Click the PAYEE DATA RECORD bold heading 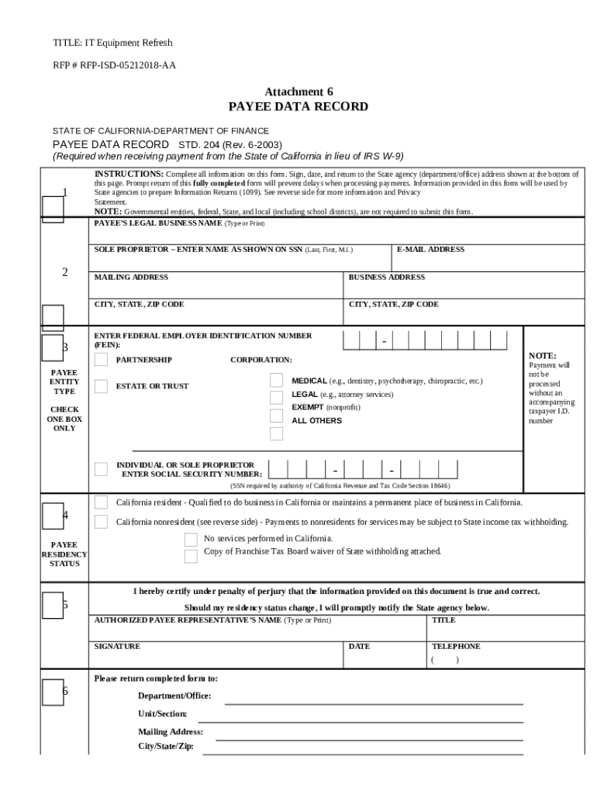point(298,107)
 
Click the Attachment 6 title point(298,91)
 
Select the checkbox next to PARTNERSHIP point(101,360)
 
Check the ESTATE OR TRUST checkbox point(101,386)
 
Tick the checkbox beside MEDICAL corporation point(277,380)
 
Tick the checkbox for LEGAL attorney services point(277,397)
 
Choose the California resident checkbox point(101,502)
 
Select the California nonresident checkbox point(101,522)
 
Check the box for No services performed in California point(191,539)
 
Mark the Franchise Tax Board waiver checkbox point(191,556)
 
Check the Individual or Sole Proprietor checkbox point(101,468)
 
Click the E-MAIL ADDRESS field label point(430,250)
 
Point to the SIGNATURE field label point(117,646)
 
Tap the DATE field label point(359,646)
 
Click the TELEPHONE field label point(456,646)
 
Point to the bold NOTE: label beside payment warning point(542,355)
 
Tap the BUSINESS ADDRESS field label point(386,277)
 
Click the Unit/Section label point(162,713)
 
